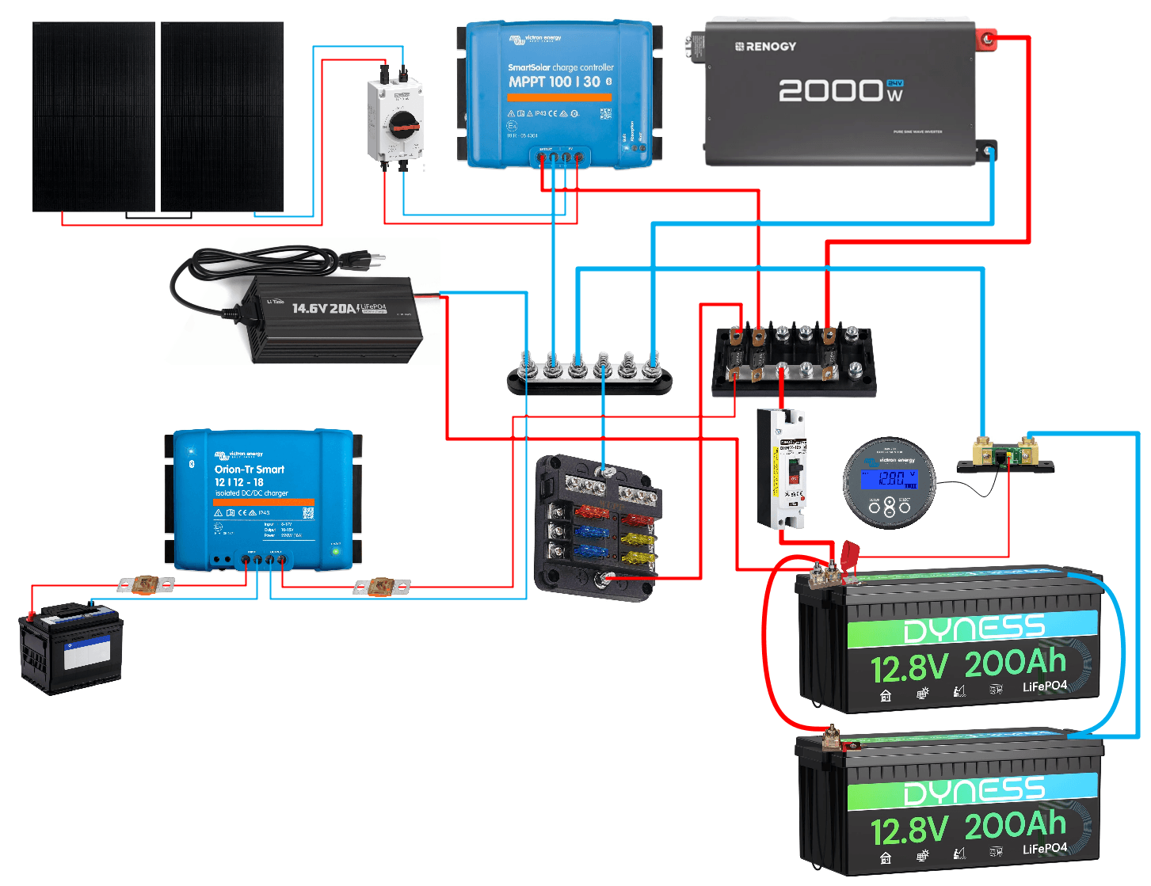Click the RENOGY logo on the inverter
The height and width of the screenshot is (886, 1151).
(x=765, y=47)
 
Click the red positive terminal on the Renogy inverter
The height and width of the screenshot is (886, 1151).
(x=987, y=38)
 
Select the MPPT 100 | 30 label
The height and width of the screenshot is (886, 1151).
(x=555, y=82)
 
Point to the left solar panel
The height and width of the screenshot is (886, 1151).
(x=93, y=116)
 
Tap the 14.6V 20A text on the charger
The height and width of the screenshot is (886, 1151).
(x=325, y=308)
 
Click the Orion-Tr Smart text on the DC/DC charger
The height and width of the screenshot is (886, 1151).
(x=249, y=470)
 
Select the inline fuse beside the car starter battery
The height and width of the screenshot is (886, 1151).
(x=145, y=585)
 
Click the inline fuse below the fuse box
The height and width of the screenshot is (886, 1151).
(x=382, y=587)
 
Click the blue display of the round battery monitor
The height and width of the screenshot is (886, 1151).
(x=890, y=479)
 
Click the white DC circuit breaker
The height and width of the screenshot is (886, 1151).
(x=782, y=469)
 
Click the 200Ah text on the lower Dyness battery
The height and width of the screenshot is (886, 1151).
(x=1015, y=825)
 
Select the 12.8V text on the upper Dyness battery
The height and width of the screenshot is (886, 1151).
(x=909, y=668)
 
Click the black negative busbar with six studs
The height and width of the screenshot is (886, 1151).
(x=589, y=381)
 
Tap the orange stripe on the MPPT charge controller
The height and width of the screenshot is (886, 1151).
(x=559, y=97)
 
